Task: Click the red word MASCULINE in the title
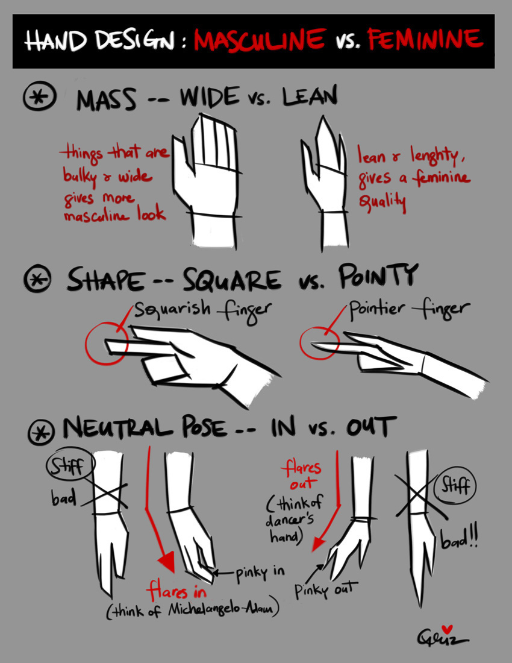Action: (260, 41)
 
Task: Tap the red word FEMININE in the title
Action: (425, 40)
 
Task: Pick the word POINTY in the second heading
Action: (377, 277)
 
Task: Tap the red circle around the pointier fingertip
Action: (319, 343)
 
